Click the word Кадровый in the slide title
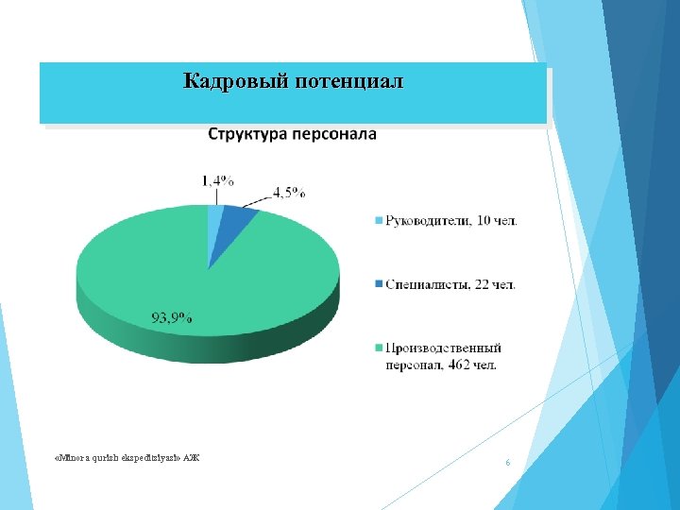point(235,81)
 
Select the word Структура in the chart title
point(248,134)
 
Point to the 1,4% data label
point(218,180)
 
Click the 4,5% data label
point(289,192)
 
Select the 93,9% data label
point(172,318)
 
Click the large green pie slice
point(189,283)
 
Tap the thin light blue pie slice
point(214,223)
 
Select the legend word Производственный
point(443,348)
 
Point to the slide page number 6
point(508,463)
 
